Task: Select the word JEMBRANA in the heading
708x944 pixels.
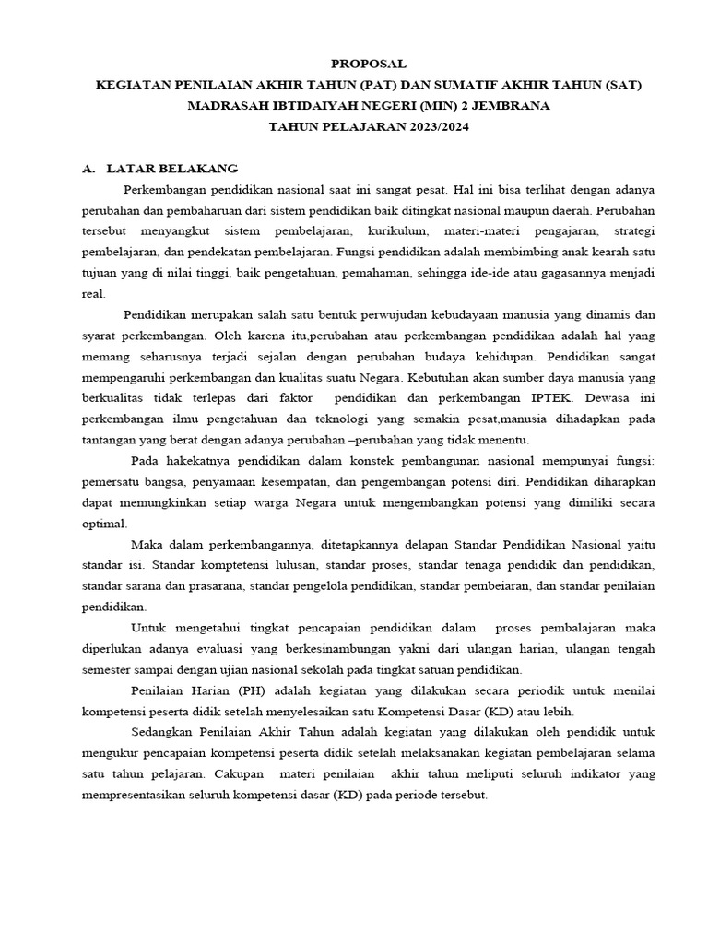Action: pos(506,106)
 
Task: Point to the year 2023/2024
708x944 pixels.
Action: pos(431,127)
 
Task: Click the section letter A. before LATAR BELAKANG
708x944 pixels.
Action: pos(88,169)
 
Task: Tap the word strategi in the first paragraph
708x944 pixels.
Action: pos(633,230)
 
